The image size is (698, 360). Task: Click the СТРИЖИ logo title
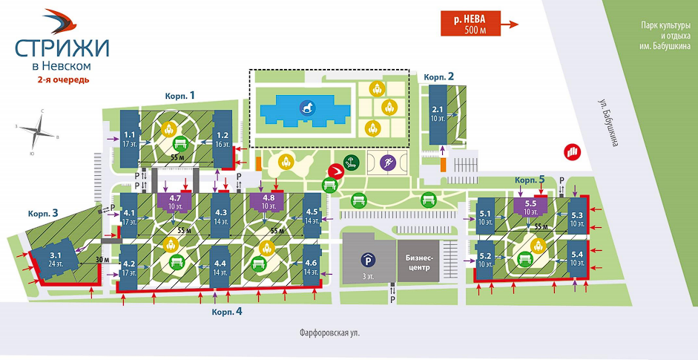(x=61, y=48)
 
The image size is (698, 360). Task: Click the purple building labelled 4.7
(x=176, y=200)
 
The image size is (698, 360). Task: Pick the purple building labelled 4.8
(x=269, y=200)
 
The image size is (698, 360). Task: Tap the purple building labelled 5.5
(x=530, y=206)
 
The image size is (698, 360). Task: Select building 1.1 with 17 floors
(x=130, y=137)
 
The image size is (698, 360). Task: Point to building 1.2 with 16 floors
(x=222, y=137)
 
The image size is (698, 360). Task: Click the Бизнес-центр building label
(x=420, y=262)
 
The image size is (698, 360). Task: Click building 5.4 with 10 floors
(x=576, y=259)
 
